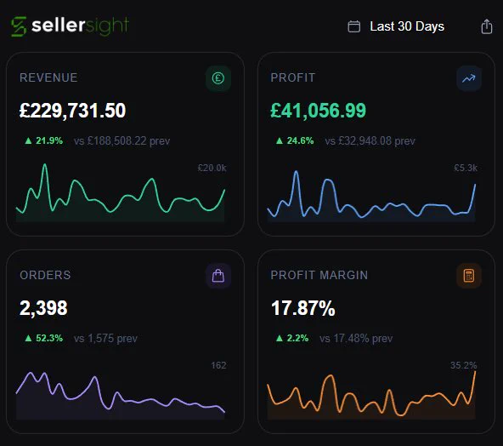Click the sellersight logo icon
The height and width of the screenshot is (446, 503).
19,26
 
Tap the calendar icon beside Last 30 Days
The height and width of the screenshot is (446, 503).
353,26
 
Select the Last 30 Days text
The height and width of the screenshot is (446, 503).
407,26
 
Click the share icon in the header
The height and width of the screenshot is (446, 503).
487,26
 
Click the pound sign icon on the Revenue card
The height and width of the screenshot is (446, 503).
218,78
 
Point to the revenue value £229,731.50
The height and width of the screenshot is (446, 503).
72,111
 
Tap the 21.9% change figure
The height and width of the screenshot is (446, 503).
49,140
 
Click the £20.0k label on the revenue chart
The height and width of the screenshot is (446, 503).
212,168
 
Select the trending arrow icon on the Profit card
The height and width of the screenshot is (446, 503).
469,78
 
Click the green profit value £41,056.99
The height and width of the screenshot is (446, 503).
318,111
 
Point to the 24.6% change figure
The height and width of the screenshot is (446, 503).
300,140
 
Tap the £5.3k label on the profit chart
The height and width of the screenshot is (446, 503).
466,168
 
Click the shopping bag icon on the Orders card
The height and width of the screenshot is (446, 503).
218,276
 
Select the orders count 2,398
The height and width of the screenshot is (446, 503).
43,308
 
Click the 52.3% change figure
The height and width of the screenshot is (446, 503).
49,338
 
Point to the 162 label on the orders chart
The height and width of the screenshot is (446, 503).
218,365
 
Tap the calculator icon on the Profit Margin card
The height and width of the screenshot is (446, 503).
469,276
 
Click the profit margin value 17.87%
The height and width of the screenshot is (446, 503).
303,308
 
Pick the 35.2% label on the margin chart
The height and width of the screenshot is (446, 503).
464,365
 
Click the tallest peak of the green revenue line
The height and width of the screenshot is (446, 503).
45,164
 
